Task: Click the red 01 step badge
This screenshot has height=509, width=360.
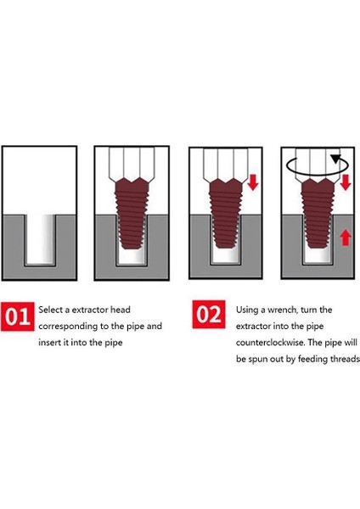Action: coord(18,316)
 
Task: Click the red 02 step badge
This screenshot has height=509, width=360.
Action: coord(209,315)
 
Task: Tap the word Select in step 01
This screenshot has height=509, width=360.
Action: coord(50,310)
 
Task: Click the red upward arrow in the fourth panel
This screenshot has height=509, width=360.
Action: coord(345,238)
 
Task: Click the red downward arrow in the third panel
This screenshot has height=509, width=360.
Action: coord(253,182)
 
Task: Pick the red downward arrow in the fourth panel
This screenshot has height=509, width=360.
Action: coord(345,182)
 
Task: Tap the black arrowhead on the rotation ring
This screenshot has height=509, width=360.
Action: coord(336,159)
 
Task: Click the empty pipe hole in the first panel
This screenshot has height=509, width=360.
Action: coord(39,239)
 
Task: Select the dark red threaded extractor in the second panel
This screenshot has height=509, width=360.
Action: coord(132,213)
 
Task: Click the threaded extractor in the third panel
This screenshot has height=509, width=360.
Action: coord(226,213)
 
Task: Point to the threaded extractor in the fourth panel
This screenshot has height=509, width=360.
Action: coord(318,213)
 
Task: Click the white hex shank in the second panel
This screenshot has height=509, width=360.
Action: coord(132,163)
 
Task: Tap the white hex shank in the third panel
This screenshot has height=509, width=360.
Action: coord(226,163)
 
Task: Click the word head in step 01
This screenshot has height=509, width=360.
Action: coord(121,310)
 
